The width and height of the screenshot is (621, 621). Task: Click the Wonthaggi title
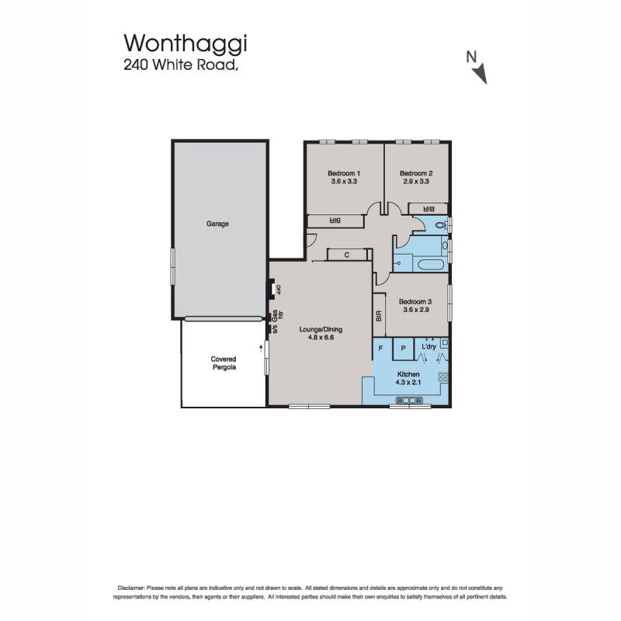[x=186, y=43]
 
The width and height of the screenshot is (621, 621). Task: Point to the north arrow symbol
[x=480, y=74]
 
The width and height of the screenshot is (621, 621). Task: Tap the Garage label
[x=217, y=224]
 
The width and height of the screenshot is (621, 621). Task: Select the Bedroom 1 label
[x=344, y=173]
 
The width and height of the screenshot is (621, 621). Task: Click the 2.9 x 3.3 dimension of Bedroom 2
[x=416, y=182]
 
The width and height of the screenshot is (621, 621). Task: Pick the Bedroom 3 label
[x=415, y=301]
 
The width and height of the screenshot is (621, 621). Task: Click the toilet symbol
[x=440, y=225]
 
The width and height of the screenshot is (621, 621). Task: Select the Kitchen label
[x=408, y=374]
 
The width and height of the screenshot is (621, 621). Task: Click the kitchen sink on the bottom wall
[x=409, y=400]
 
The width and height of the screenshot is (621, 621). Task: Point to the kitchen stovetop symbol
[x=442, y=377]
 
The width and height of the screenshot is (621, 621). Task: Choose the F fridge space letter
[x=380, y=349]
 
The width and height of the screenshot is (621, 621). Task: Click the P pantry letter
[x=403, y=349]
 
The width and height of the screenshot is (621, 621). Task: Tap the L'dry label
[x=429, y=346]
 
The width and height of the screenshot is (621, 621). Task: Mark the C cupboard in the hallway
[x=347, y=255]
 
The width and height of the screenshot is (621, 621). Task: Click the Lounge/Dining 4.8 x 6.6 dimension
[x=321, y=338]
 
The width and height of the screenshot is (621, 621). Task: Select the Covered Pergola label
[x=224, y=363]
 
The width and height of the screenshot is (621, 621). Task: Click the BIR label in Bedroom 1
[x=335, y=221]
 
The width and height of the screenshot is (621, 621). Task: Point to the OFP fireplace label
[x=278, y=290]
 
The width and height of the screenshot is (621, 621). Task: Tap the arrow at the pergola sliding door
[x=261, y=348]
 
